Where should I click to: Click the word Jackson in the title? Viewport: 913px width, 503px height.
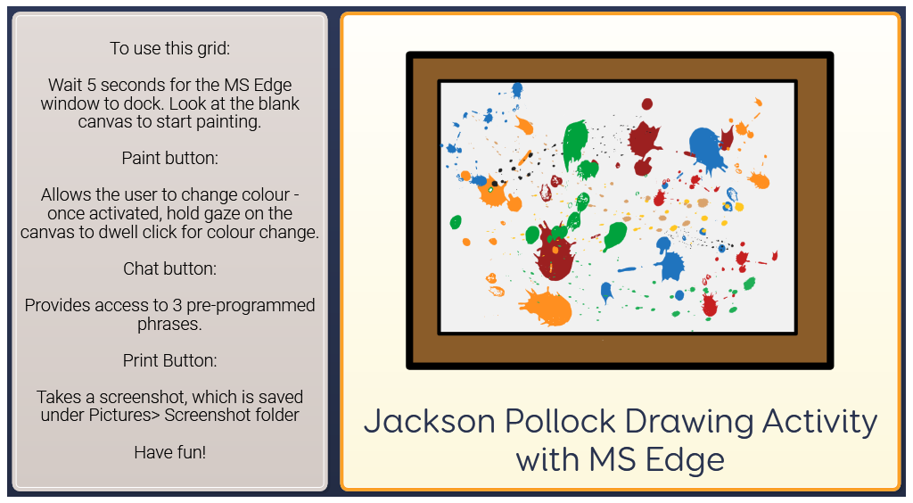point(429,422)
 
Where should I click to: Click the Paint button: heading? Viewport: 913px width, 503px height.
point(170,159)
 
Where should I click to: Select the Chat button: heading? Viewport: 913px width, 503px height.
point(170,268)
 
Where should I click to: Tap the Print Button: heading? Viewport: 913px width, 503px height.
point(170,360)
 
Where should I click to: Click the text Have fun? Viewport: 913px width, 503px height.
point(170,452)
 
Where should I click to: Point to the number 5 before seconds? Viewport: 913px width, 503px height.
point(92,85)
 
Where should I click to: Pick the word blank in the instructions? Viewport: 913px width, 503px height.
point(278,103)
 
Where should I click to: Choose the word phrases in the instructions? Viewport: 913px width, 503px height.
point(169,325)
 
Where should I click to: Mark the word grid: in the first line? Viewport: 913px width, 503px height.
point(214,49)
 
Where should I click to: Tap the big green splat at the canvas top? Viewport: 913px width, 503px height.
point(575,144)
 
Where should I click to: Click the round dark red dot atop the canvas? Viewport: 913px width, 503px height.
point(647,104)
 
